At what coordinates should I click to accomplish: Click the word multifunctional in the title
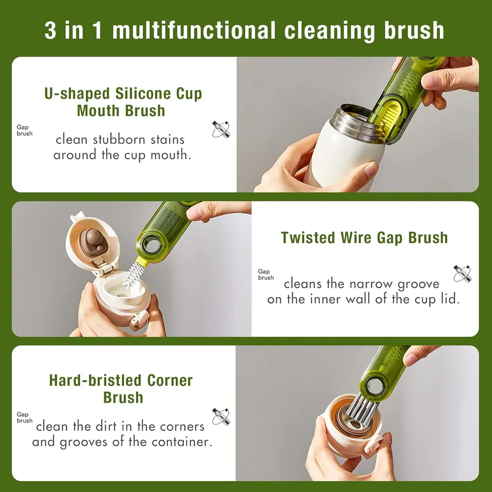click(x=193, y=31)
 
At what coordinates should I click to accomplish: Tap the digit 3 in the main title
click(x=51, y=31)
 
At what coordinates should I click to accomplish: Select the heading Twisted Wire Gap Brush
click(x=364, y=238)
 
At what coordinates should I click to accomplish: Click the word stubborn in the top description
click(x=119, y=139)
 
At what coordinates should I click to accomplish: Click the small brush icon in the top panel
click(x=221, y=129)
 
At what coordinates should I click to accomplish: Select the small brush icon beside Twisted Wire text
click(x=462, y=273)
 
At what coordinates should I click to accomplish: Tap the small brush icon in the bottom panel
click(x=221, y=417)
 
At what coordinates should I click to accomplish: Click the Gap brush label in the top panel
click(x=25, y=130)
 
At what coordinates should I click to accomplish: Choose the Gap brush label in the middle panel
click(x=266, y=275)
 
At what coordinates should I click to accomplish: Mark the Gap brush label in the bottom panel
click(x=25, y=418)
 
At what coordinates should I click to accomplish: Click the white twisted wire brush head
click(x=131, y=274)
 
